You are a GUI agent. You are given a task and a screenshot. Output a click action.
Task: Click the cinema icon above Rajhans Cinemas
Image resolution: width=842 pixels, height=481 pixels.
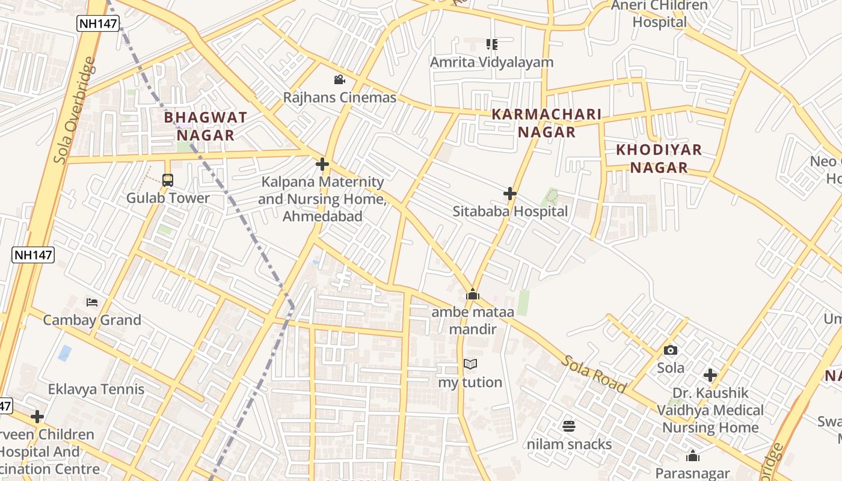point(339,79)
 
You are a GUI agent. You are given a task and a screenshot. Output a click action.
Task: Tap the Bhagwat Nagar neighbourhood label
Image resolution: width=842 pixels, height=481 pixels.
point(206,126)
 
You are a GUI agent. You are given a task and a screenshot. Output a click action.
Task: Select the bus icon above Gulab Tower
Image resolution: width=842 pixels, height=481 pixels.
point(168,180)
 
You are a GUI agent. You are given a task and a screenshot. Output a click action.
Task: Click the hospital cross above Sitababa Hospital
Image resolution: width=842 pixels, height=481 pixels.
point(510,194)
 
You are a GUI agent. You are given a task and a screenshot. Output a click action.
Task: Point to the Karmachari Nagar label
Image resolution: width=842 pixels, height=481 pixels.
point(547,123)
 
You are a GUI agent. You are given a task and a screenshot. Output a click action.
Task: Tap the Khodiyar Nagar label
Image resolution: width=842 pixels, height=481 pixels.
point(659,159)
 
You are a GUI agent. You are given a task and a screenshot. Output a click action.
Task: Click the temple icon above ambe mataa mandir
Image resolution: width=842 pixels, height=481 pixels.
point(473,294)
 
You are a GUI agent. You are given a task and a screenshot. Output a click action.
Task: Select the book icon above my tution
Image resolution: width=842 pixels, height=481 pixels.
point(470,364)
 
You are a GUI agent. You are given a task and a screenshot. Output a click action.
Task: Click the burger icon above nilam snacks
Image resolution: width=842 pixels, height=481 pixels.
point(569,426)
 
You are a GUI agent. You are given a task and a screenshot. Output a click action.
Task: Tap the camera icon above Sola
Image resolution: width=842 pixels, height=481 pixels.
point(671,350)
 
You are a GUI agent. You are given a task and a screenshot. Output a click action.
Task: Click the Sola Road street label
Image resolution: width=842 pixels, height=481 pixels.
point(594,374)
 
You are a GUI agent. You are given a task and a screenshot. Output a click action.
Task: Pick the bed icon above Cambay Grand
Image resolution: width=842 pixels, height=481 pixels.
point(92,302)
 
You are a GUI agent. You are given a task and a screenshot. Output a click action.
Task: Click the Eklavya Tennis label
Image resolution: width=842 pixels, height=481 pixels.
point(96,389)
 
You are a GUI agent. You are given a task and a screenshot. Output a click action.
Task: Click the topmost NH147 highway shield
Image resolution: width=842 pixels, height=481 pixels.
point(98,23)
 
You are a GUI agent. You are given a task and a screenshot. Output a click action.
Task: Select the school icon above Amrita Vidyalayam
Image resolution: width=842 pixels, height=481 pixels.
point(492,44)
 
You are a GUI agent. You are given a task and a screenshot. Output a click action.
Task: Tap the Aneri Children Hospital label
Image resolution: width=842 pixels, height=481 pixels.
point(659,14)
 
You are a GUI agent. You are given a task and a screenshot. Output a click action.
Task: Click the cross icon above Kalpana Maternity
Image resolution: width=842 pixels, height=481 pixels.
point(322,164)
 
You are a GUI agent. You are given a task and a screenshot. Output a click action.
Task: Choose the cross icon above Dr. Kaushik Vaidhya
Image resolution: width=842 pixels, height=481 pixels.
point(710,375)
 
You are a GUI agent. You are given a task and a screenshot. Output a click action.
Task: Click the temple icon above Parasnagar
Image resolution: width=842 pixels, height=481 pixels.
point(693,456)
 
